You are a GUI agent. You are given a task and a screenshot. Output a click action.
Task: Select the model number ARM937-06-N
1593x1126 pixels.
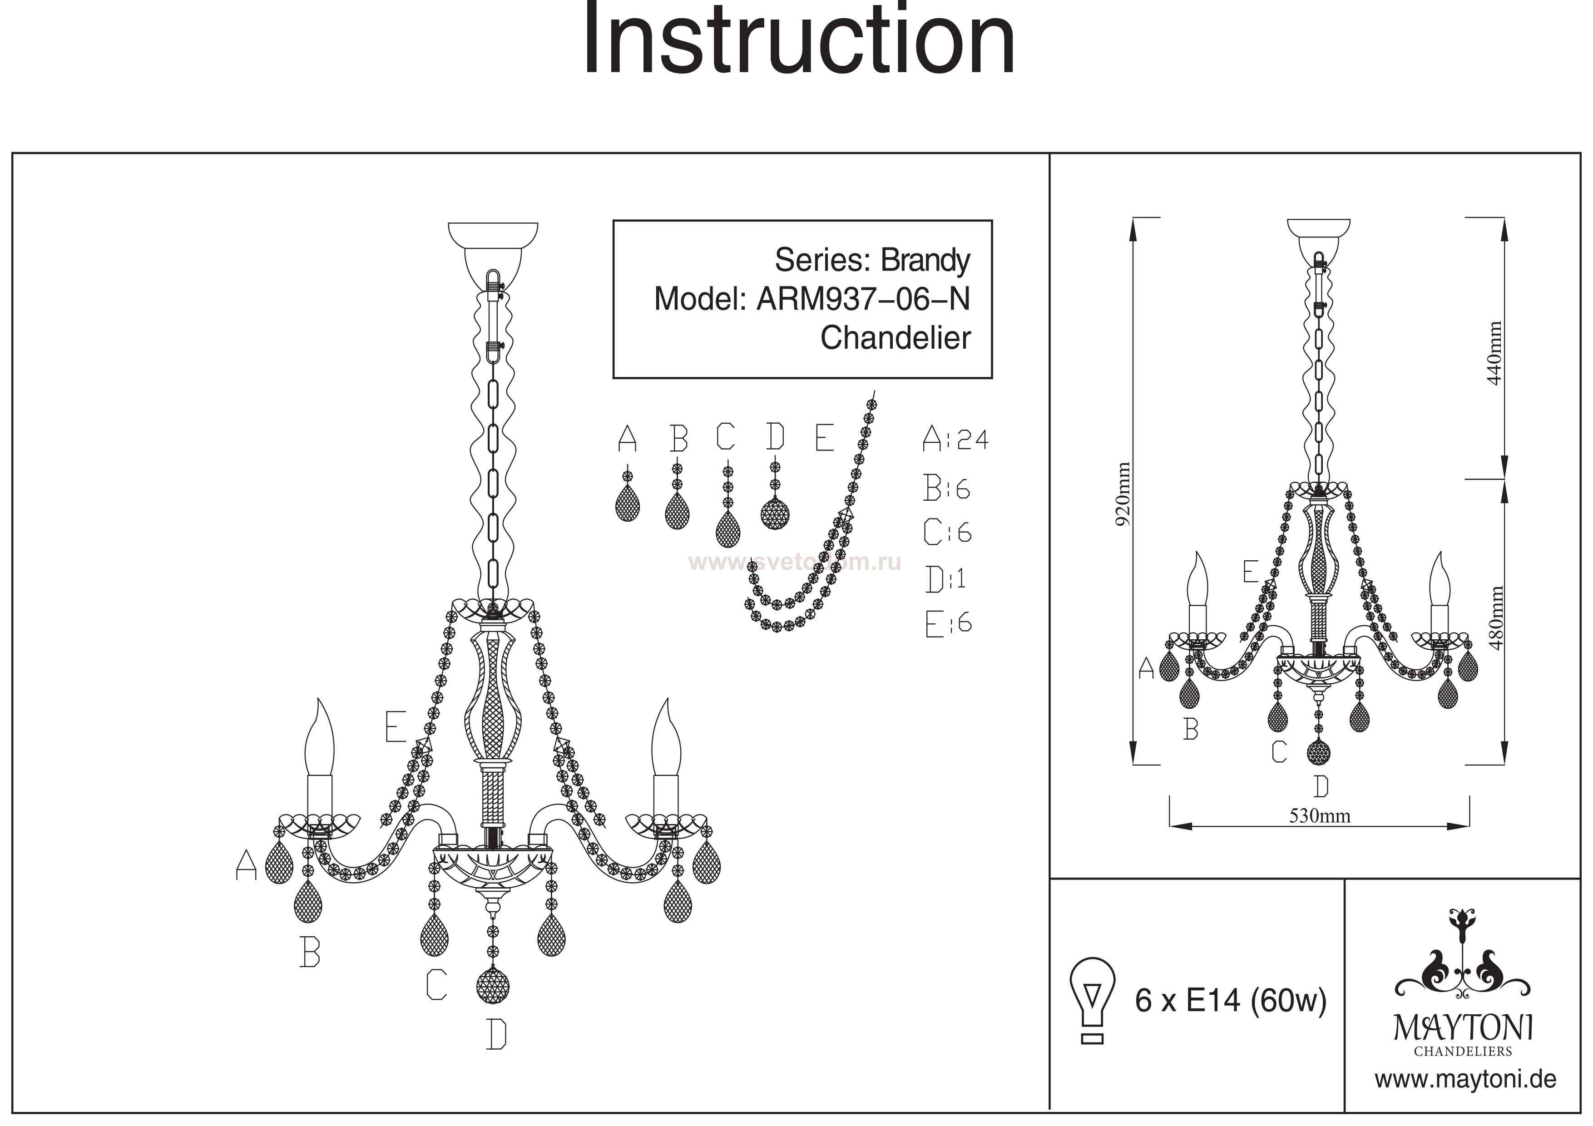[x=862, y=299]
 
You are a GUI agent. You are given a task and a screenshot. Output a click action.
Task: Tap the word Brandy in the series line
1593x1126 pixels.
[x=925, y=260]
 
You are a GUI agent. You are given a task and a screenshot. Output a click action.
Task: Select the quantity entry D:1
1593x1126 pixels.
[x=945, y=578]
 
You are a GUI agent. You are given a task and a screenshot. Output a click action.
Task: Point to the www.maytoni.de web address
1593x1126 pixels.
[x=1465, y=1080]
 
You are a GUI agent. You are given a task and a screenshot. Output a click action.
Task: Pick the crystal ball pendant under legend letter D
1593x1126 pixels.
[x=776, y=514]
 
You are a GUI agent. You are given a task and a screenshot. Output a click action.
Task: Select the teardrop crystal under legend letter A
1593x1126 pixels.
[x=627, y=502]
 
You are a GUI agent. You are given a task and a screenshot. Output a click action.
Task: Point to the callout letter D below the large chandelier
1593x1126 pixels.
[x=496, y=1034]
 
